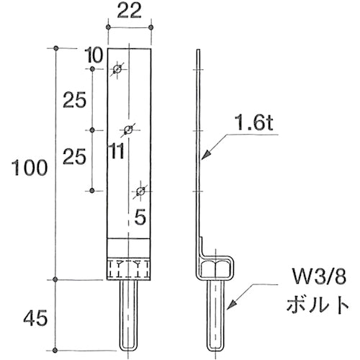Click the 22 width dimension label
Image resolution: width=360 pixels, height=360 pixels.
[x=129, y=12]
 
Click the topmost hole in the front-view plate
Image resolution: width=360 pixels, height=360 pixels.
[x=118, y=69]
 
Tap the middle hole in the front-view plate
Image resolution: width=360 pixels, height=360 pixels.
[x=129, y=130]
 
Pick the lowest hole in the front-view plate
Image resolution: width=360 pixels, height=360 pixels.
[x=140, y=191]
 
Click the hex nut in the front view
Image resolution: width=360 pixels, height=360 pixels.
[x=130, y=269]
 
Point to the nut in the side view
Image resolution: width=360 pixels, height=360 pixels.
[x=216, y=269]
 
